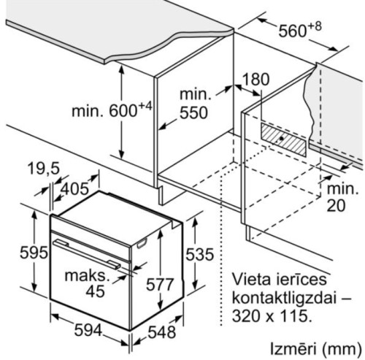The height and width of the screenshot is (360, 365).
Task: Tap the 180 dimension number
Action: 256,80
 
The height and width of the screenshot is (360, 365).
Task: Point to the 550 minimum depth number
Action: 193,112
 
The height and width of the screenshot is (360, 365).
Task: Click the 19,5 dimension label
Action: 44,169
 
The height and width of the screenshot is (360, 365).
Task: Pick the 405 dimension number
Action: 74,189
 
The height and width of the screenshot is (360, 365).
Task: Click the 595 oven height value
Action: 34,253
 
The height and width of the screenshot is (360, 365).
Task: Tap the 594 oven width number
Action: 88,331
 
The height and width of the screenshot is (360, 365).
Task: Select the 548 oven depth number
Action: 162,332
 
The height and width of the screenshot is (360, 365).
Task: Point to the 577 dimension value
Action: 160,285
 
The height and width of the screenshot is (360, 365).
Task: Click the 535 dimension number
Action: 200,255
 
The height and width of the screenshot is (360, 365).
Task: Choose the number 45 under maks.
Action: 96,291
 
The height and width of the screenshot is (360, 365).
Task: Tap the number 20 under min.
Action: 336,206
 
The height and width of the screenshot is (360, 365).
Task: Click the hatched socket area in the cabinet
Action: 283,139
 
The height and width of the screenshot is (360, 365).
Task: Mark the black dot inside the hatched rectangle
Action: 282,138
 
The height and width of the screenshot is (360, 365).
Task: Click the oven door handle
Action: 87,254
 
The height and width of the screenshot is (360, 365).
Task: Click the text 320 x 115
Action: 272,316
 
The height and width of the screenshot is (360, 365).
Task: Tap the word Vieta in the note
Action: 251,279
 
